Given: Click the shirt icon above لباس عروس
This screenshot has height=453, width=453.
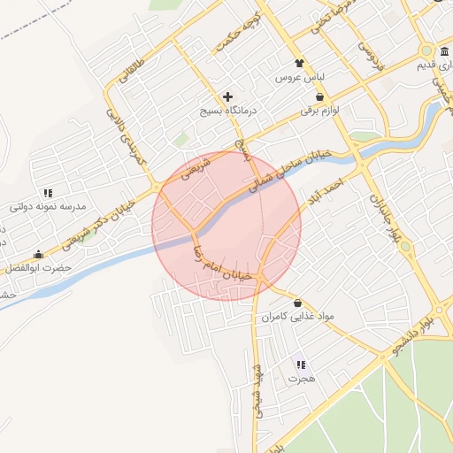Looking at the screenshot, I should pyautogui.click(x=299, y=63).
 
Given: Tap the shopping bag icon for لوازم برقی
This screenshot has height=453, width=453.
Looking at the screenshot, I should pyautogui.click(x=319, y=97).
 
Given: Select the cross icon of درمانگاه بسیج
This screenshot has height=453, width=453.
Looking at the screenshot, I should pyautogui.click(x=227, y=96).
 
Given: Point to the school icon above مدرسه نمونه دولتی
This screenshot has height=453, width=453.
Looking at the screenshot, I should pyautogui.click(x=48, y=192).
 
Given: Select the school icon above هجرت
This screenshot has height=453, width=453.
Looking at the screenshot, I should pyautogui.click(x=300, y=365).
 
